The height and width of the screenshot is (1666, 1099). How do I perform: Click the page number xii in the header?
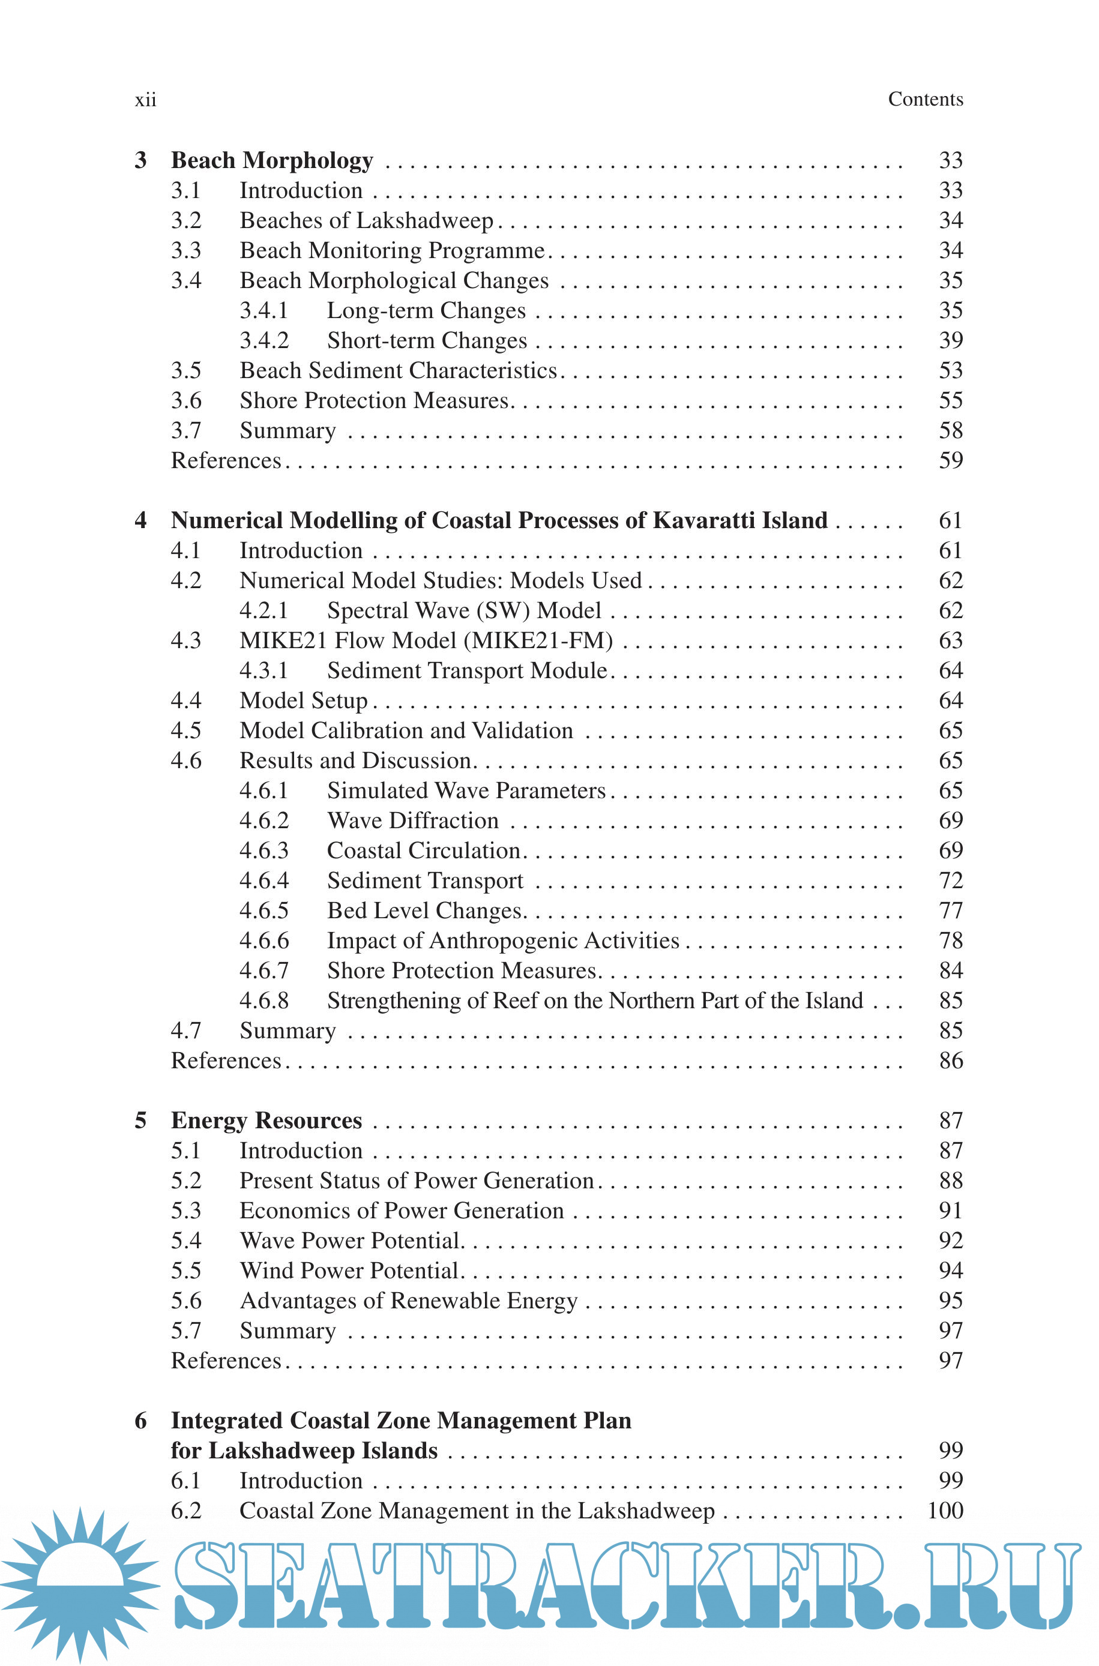pos(146,100)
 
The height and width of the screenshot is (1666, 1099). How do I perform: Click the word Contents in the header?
pos(925,100)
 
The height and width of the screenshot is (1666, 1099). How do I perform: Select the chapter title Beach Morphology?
pos(272,160)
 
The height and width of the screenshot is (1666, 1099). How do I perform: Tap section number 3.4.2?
pos(264,340)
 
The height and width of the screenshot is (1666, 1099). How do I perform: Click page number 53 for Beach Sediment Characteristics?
pos(950,371)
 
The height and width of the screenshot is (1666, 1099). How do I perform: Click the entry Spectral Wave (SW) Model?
pos(464,611)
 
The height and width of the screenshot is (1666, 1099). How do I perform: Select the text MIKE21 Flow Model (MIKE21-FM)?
pos(426,641)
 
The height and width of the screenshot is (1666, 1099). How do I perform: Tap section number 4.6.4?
pos(264,880)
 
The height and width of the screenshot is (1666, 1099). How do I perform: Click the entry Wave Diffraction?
pos(413,821)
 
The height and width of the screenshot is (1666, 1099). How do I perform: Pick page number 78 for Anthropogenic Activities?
pos(950,941)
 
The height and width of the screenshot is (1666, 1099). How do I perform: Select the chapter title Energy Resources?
pos(266,1121)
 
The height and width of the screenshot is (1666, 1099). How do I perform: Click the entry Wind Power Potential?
pos(349,1271)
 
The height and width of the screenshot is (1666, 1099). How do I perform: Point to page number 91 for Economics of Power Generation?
pos(950,1210)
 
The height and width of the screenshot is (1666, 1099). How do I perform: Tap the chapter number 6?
pos(141,1421)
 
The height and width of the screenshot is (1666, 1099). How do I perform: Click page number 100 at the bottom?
pos(945,1511)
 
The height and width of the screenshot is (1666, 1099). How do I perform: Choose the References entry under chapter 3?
pos(226,461)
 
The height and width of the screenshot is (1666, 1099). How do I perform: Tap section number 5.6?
pos(185,1301)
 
